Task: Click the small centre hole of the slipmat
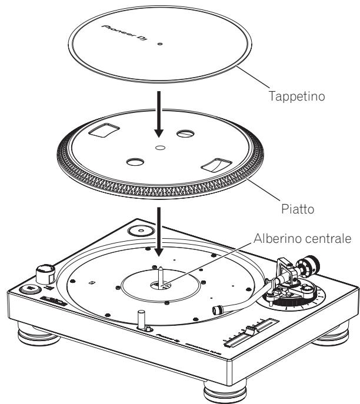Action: (160, 43)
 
